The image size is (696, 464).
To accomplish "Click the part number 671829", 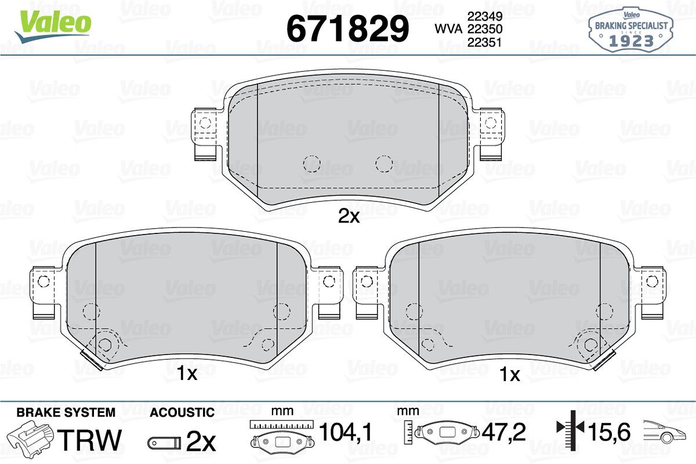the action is point(347,28).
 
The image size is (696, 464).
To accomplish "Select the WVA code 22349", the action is point(485,16).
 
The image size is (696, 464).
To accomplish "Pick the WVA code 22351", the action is point(485,42).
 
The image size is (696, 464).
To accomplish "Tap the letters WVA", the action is point(449,29).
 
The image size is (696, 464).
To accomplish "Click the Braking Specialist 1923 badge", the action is point(631,30).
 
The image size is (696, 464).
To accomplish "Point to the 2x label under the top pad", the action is point(349,217).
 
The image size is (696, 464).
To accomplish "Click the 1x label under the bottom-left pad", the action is point(187,374).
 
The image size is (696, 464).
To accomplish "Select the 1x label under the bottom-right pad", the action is point(510,375).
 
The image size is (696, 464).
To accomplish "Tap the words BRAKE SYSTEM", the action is point(66,412).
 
